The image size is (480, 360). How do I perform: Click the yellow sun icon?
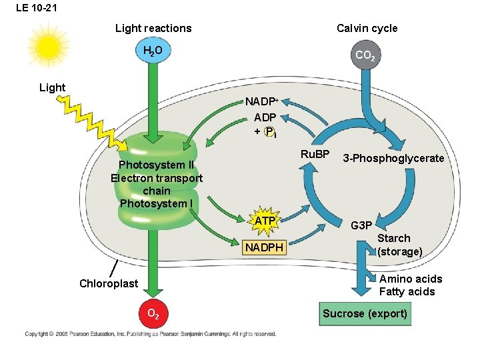point(48,47)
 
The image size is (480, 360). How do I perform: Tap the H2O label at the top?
point(153,51)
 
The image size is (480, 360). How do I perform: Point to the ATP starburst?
point(266,221)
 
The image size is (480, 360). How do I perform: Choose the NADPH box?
point(264,248)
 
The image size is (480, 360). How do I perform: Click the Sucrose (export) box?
point(365,313)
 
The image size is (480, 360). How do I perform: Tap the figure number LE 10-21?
point(34,8)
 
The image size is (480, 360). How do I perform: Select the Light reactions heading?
point(153,28)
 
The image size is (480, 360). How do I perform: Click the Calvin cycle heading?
point(367,28)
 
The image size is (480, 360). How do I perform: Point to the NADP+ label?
point(261,102)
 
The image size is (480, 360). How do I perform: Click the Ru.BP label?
point(315,155)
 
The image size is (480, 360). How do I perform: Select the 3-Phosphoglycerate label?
point(393,158)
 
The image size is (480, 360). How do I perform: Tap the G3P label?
point(361,225)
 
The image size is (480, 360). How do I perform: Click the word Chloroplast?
point(109,283)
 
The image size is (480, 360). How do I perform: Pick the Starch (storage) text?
point(399,245)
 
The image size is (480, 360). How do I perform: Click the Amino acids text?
point(410,279)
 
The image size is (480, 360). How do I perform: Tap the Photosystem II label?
point(156,165)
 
